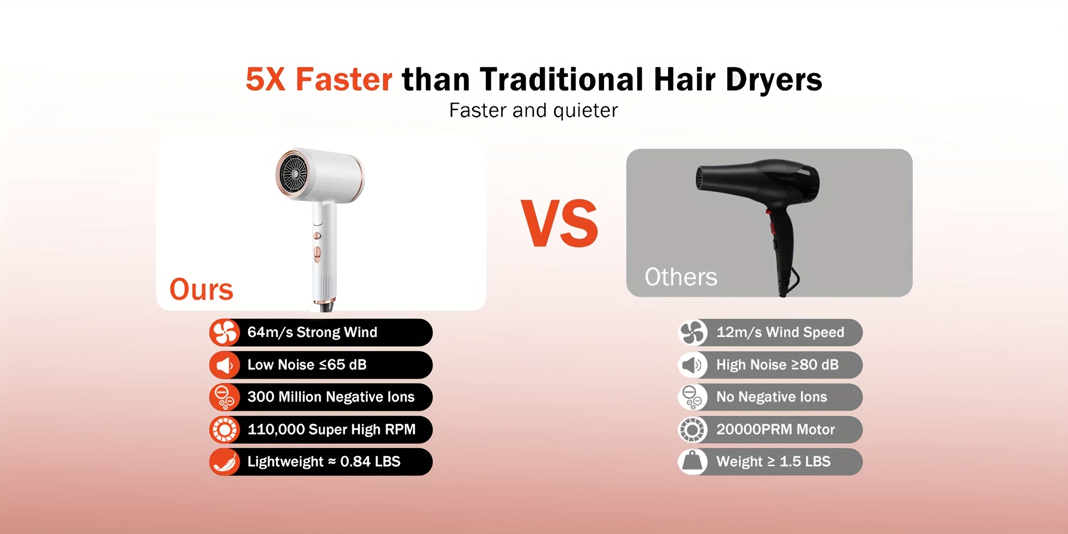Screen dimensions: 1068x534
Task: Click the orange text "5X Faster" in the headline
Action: coord(319,80)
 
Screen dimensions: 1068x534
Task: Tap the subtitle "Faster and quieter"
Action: coord(533,111)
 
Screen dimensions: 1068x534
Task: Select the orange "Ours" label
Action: coord(201,289)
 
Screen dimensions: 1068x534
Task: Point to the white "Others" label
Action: coord(681,277)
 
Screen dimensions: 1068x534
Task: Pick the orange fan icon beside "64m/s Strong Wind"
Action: coord(224,333)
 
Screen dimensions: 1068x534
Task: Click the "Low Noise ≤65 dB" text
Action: coord(307,365)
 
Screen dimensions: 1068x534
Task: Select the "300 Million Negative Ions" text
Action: coord(331,397)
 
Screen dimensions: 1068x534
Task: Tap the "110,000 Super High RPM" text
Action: coord(332,429)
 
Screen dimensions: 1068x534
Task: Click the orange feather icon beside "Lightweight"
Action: coord(224,462)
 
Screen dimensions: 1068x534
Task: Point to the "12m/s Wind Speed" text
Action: coord(780,332)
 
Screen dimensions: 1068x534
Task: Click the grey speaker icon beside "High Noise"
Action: coord(693,365)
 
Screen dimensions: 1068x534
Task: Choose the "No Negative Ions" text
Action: coord(772,397)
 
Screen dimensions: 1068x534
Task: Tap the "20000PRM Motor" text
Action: coord(775,429)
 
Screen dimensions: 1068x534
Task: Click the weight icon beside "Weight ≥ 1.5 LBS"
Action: coord(693,462)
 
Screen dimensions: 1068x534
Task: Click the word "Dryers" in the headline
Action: coord(774,80)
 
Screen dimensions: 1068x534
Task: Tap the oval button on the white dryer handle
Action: coord(317,254)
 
